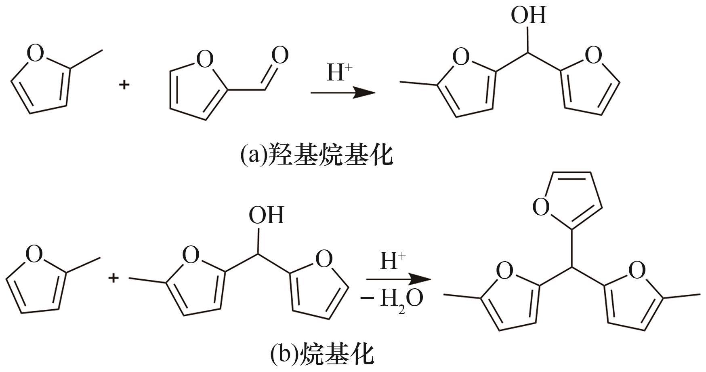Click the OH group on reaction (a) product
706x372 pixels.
[528, 15]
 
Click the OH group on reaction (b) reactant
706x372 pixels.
[266, 215]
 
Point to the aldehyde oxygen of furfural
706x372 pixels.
[280, 55]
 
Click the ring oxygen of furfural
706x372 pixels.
[204, 59]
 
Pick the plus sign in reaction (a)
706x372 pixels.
[124, 85]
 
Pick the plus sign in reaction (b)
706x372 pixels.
[113, 278]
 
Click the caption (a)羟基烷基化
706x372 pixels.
[316, 155]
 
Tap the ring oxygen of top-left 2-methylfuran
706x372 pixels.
[36, 53]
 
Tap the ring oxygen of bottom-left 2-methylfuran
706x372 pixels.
[34, 254]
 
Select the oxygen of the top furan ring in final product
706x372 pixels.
[541, 207]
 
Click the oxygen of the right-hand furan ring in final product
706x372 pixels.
[637, 270]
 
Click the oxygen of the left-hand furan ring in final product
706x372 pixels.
[504, 271]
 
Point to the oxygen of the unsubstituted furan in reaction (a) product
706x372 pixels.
[593, 55]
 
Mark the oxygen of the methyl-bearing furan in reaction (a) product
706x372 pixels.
[461, 57]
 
